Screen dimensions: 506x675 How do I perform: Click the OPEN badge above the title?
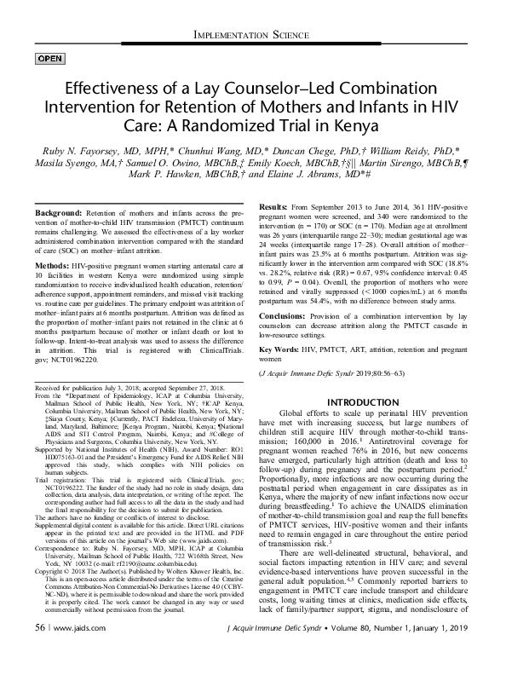click(49, 58)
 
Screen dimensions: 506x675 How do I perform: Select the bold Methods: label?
click(55, 267)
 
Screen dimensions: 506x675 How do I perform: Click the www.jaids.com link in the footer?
click(77, 652)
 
